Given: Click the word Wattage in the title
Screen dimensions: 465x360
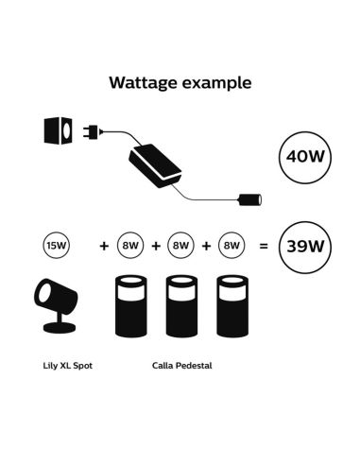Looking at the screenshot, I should (x=144, y=82).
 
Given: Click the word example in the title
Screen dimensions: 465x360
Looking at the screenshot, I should (x=218, y=83).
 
